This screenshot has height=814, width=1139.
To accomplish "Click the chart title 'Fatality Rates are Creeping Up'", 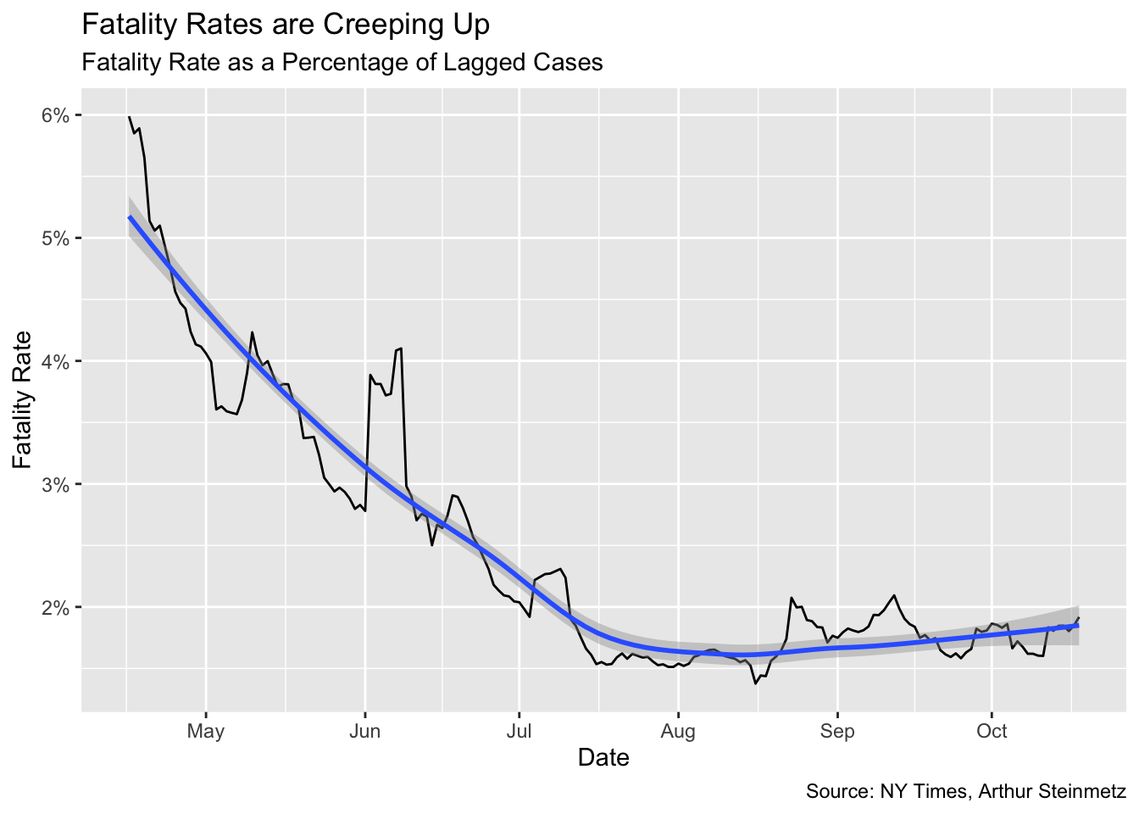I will point(285,25).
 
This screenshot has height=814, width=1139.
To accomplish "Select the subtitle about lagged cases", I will point(342,63).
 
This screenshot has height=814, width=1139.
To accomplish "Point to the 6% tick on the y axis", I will point(55,115).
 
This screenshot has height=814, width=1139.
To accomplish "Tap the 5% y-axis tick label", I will point(55,238).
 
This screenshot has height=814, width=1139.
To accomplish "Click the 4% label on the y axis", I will point(55,361).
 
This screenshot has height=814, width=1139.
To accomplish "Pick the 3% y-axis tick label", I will point(55,484).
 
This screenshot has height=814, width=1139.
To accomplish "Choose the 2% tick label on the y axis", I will point(55,608).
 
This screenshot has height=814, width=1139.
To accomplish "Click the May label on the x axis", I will point(206,731).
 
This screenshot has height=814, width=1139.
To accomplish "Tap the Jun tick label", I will point(364,731).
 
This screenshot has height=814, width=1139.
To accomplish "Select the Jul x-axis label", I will point(519,731).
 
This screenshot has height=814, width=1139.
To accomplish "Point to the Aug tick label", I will point(678,731).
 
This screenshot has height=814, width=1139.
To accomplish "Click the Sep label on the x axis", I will point(836,731).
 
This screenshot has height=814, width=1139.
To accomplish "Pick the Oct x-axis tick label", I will point(992,731).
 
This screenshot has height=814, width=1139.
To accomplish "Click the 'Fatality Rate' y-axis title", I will point(23,399).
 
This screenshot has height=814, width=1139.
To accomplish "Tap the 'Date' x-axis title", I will point(603,757).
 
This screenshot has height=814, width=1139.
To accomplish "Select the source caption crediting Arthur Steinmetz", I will point(965,792).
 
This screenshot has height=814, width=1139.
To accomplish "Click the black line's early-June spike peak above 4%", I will point(400,348).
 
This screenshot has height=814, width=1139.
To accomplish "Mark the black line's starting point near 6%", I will point(129,116).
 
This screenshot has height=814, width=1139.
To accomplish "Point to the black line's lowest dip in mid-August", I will point(755,683).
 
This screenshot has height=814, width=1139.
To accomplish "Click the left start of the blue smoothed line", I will point(129,217).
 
